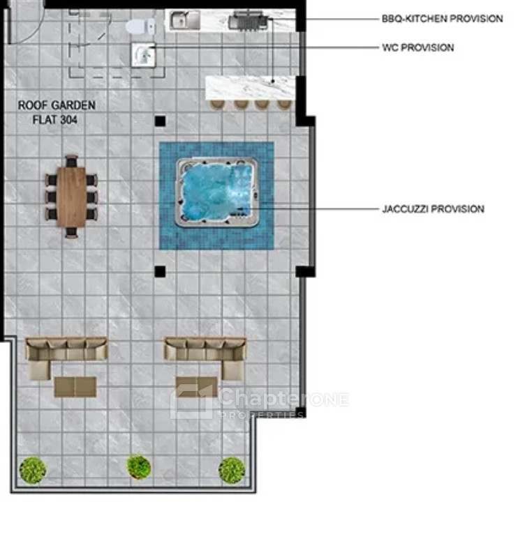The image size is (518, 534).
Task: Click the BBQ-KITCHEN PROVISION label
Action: (442, 18)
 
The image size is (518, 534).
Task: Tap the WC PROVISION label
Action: (417, 47)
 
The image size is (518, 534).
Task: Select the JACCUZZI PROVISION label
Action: (433, 208)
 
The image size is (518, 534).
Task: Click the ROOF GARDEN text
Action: (57, 105)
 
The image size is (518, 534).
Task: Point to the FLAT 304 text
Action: (55, 119)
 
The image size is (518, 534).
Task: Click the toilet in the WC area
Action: (140, 26)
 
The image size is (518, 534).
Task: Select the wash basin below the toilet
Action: (144, 54)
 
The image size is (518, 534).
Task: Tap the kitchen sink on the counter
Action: (184, 20)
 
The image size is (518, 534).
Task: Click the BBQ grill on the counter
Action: (248, 20)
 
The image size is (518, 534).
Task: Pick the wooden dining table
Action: (72, 197)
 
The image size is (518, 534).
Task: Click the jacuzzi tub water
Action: (217, 192)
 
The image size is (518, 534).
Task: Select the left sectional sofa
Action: (66, 357)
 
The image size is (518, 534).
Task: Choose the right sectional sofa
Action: (205, 357)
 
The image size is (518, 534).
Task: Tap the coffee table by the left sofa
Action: (75, 386)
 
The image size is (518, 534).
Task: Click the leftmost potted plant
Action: (33, 471)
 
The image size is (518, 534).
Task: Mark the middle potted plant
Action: (139, 466)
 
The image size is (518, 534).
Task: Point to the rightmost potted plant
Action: (232, 471)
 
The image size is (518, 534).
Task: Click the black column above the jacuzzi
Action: (161, 121)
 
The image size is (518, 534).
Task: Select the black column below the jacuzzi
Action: (160, 271)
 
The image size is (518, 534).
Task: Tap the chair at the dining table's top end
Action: (72, 161)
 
